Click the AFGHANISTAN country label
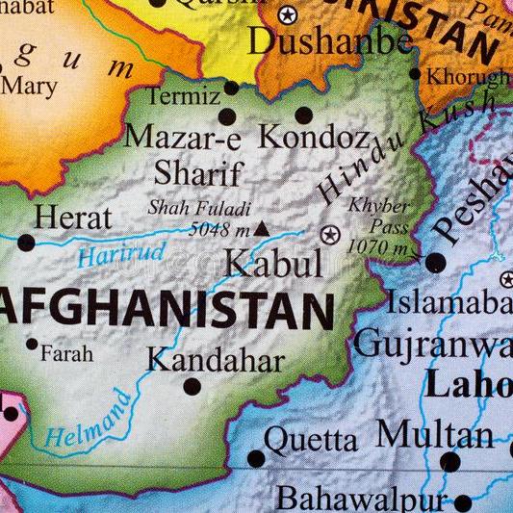(167, 310)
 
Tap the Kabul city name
(272, 263)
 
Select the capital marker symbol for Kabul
(330, 234)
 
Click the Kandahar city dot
(192, 387)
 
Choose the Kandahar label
(216, 361)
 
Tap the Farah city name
(66, 353)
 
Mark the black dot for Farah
(32, 344)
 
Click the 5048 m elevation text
(218, 229)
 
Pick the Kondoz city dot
(304, 115)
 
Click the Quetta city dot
(255, 458)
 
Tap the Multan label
(435, 433)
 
